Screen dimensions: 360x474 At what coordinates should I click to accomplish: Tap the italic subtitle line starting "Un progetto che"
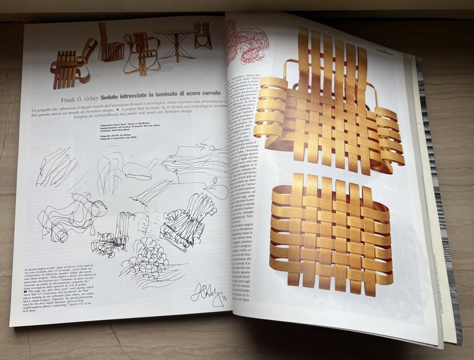123,110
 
